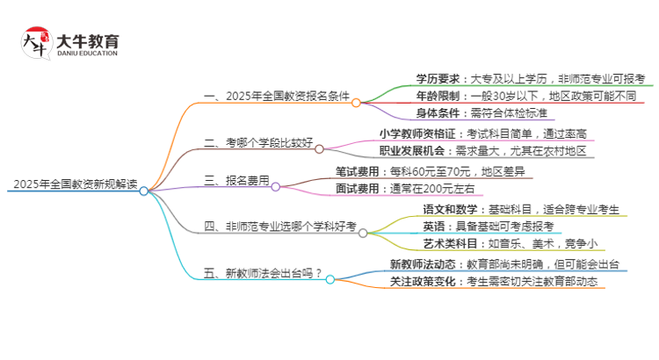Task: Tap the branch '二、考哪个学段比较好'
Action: (x=256, y=142)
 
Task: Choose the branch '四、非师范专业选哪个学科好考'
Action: (x=279, y=227)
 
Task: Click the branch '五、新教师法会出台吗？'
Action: (x=262, y=272)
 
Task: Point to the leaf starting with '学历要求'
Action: (x=530, y=78)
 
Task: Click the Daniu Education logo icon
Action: (x=36, y=43)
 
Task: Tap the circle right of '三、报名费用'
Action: (x=275, y=186)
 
